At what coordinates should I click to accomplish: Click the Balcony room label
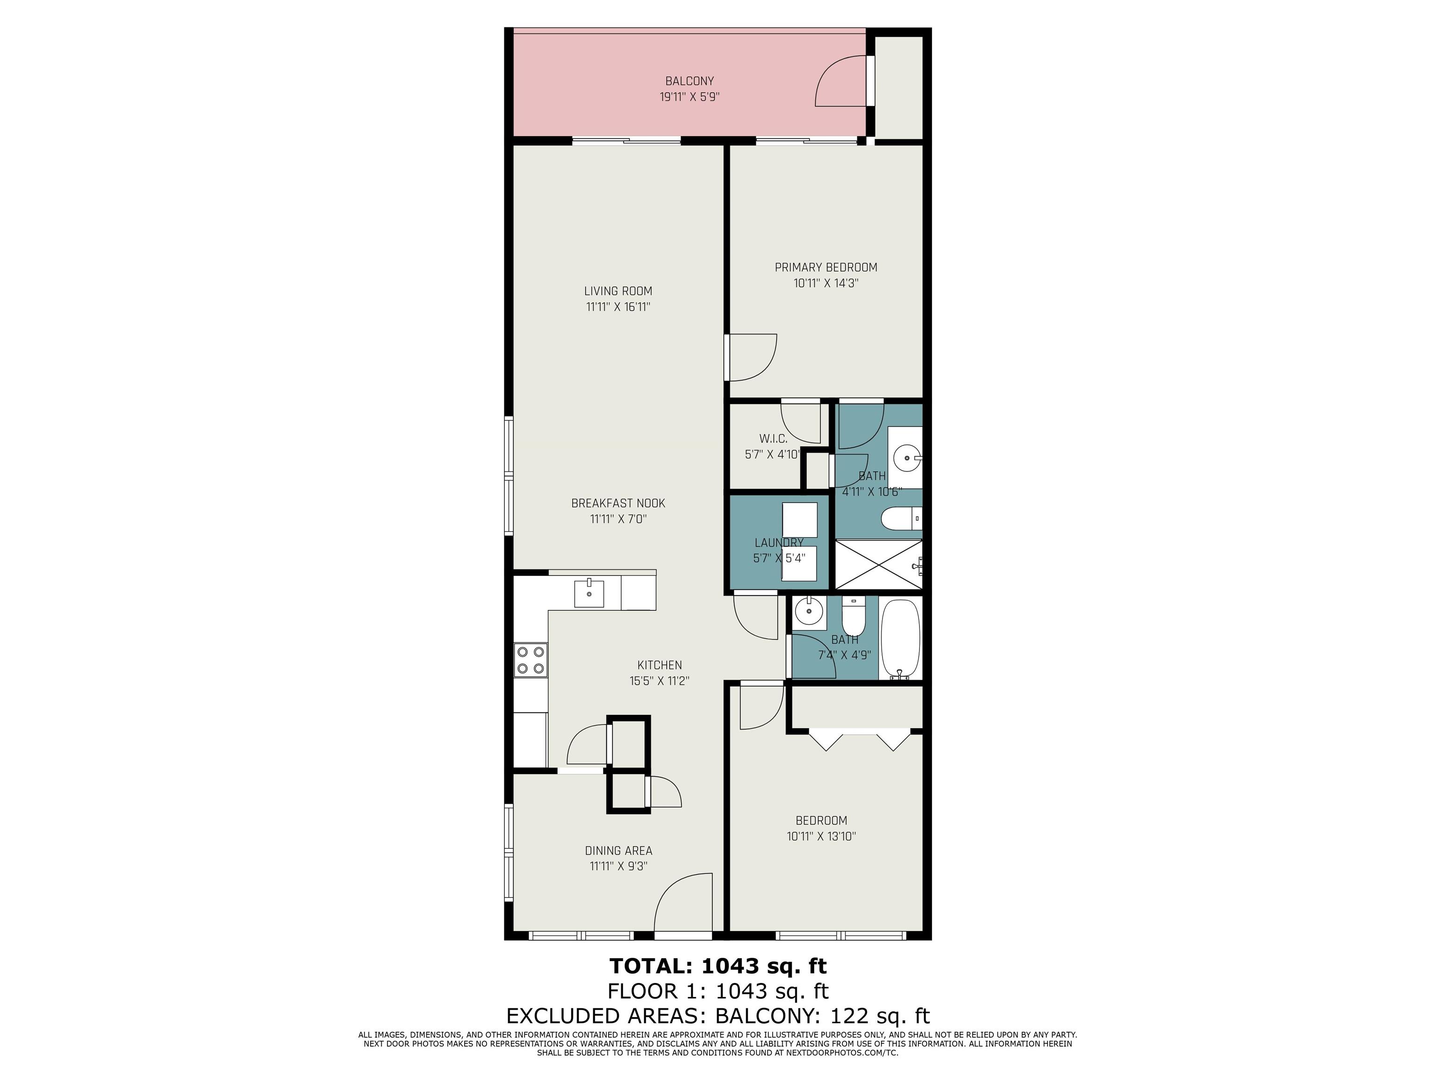click(689, 81)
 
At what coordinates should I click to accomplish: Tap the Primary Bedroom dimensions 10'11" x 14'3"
click(826, 284)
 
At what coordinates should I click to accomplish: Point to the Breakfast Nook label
click(618, 503)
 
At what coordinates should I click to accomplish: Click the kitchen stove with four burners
click(531, 660)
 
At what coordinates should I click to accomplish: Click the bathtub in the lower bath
click(900, 638)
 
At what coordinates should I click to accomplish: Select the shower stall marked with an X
click(878, 564)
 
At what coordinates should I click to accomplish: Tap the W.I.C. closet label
click(773, 439)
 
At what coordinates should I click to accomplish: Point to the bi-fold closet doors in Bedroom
click(858, 740)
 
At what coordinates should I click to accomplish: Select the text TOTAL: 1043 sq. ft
click(718, 966)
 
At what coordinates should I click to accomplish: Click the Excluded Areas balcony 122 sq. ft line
click(718, 1015)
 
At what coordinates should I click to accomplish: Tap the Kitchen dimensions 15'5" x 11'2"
click(659, 681)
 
